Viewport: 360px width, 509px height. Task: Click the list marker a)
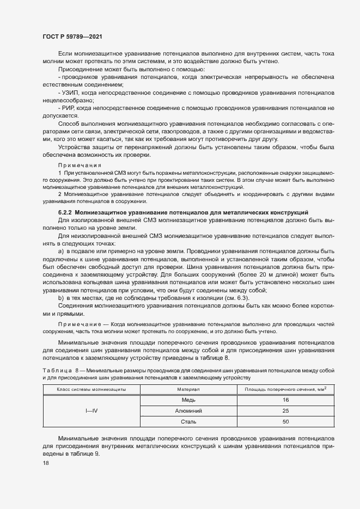click(61, 253)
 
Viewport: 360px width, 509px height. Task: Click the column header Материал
click(188, 390)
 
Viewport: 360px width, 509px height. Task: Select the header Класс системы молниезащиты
click(91, 390)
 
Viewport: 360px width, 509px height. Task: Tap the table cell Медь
click(188, 400)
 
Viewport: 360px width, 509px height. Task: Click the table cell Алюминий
click(188, 410)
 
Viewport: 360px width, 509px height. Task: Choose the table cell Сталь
click(188, 421)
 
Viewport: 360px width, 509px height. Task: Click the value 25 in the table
click(285, 410)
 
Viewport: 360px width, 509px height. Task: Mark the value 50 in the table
click(285, 421)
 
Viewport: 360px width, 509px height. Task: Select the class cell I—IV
click(91, 410)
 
